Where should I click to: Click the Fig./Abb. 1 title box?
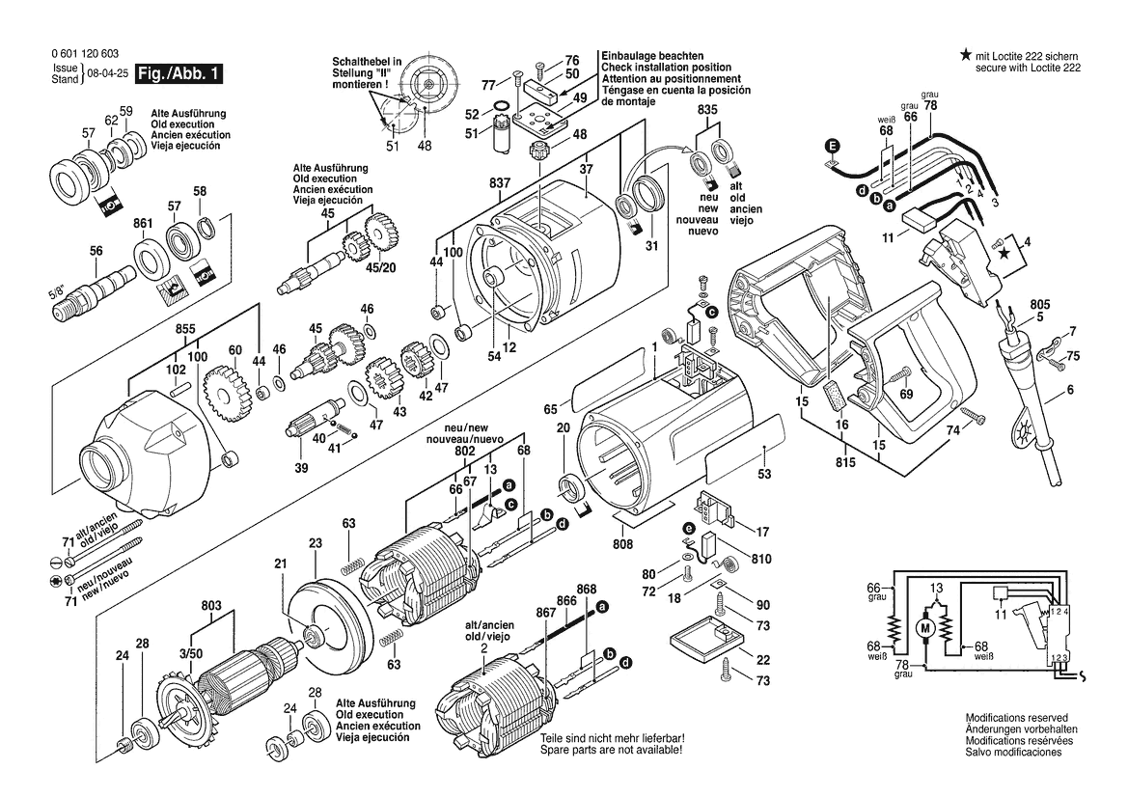click(180, 73)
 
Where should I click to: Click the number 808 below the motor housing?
click(623, 545)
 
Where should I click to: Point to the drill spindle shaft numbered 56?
click(106, 287)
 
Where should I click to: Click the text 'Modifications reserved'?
click(1016, 719)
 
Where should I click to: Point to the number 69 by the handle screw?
click(905, 395)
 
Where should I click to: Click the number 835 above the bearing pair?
click(708, 112)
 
